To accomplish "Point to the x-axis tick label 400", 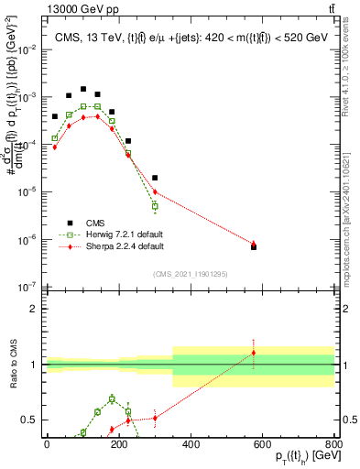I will pos(191,445).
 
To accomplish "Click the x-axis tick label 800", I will pos(334,445).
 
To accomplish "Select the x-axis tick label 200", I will pos(119,445).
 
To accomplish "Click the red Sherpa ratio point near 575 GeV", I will pos(254,353).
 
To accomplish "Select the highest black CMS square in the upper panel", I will pos(83,90).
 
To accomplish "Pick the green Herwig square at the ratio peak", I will pos(112,398).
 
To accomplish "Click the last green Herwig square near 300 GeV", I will pos(155,206).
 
